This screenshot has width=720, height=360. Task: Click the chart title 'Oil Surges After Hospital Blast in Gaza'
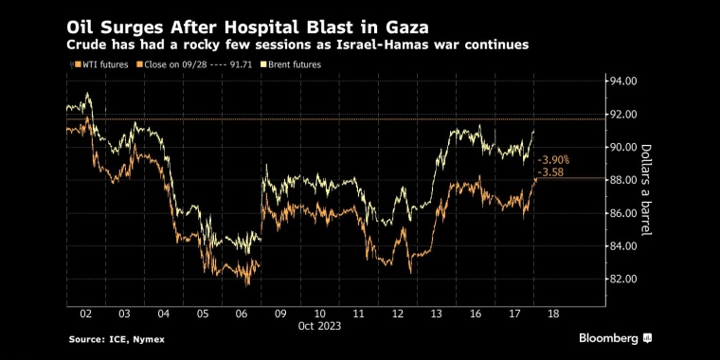pyautogui.click(x=248, y=28)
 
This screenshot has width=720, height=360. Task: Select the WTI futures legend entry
pyautogui.click(x=101, y=64)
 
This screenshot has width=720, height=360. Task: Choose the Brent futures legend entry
pyautogui.click(x=290, y=64)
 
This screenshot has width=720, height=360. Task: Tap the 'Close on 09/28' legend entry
pyautogui.click(x=172, y=64)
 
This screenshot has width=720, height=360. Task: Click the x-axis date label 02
pyautogui.click(x=86, y=315)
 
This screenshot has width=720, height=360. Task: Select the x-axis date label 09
pyautogui.click(x=280, y=315)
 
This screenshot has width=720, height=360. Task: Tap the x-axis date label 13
pyautogui.click(x=436, y=315)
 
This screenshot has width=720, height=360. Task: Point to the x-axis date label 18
pyautogui.click(x=553, y=315)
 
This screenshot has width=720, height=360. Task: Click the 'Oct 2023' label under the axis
pyautogui.click(x=319, y=326)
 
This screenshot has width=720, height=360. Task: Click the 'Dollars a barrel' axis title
pyautogui.click(x=646, y=189)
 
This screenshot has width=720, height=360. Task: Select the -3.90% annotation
pyautogui.click(x=553, y=160)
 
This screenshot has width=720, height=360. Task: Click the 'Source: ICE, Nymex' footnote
pyautogui.click(x=117, y=340)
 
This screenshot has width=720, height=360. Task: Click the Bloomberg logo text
pyautogui.click(x=608, y=339)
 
